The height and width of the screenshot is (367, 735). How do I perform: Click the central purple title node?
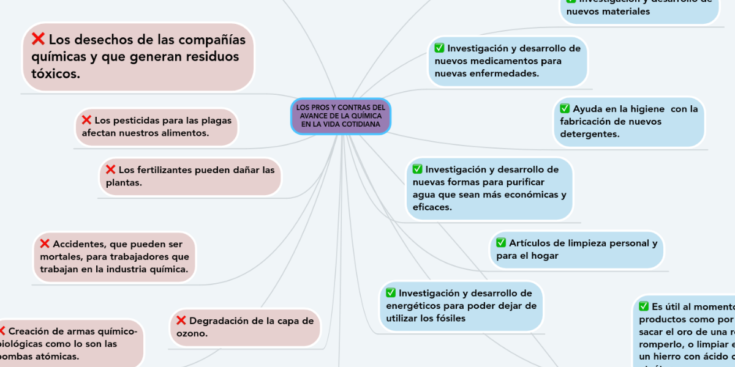(x=341, y=116)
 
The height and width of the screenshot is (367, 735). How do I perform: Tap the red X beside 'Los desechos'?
(x=38, y=40)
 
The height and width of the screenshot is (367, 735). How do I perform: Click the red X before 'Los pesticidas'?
(x=86, y=120)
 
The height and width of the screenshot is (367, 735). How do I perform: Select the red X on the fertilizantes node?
(x=111, y=169)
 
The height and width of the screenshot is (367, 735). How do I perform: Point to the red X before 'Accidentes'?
(x=45, y=243)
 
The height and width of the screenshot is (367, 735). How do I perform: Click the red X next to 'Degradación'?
(x=181, y=320)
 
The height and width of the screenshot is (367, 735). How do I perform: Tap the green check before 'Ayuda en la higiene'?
(x=564, y=109)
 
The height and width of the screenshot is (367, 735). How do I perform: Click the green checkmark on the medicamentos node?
(x=439, y=48)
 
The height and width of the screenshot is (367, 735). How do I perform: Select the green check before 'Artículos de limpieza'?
(x=501, y=242)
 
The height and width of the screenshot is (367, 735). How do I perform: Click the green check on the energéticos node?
(x=391, y=292)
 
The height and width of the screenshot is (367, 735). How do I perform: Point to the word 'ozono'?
(x=192, y=333)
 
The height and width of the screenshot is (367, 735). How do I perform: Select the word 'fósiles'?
(x=448, y=318)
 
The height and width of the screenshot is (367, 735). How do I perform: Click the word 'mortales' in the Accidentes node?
(x=59, y=257)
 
